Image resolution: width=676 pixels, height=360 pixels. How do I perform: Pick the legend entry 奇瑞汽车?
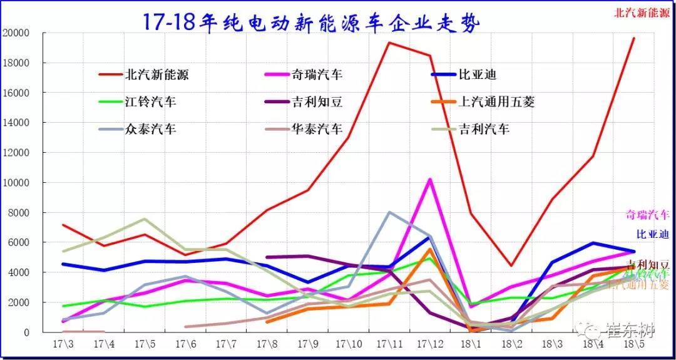317,75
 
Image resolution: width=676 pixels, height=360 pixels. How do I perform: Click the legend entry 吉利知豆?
317,101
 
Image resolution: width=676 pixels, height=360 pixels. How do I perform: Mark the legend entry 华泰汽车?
317,129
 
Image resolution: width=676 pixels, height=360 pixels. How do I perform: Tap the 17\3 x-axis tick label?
63,345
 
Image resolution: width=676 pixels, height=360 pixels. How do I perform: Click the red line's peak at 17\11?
389,43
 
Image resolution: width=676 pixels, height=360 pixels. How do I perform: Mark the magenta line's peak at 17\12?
430,180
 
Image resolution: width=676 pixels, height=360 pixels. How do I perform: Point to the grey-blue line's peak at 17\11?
389,212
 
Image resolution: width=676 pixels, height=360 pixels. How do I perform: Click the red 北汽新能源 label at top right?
642,12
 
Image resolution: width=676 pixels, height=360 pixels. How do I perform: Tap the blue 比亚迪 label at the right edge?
653,234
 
